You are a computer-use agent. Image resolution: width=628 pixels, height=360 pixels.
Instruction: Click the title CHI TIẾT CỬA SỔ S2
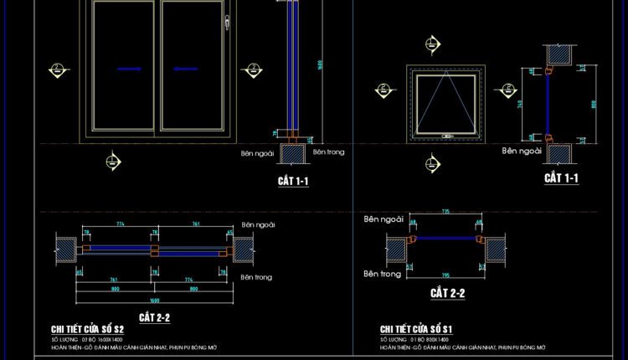click(88, 329)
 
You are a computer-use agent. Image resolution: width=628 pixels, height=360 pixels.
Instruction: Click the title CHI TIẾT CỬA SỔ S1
click(416, 329)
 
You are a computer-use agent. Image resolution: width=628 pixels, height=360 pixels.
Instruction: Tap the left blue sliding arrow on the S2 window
click(128, 69)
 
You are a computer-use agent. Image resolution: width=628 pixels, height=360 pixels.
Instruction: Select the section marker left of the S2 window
click(58, 69)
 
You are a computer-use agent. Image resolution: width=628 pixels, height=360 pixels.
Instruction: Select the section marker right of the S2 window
click(251, 71)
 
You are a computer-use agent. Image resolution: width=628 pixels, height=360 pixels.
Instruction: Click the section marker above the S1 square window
click(432, 43)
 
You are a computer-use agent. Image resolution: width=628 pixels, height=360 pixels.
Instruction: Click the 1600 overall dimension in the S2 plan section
click(155, 300)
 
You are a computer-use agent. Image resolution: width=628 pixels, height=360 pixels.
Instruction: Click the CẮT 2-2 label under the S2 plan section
click(155, 317)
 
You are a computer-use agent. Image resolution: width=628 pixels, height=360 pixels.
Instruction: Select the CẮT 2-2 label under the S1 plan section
click(447, 293)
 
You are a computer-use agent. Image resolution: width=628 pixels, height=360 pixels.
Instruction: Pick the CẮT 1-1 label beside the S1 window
click(561, 177)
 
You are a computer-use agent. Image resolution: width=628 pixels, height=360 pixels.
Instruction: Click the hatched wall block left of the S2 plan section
click(65, 249)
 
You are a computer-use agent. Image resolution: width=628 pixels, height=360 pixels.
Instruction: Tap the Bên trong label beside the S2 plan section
click(257, 277)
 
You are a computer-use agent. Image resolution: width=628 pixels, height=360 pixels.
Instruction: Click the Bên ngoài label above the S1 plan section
click(383, 219)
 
